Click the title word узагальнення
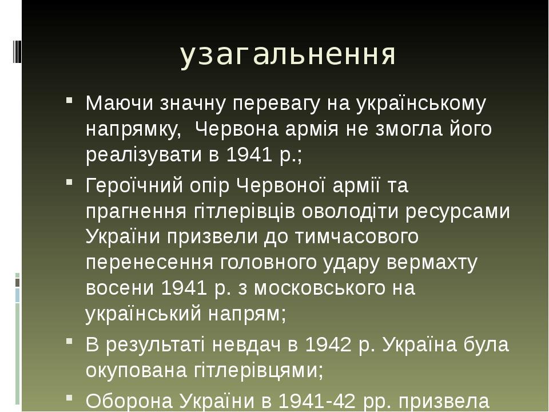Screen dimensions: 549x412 [x=288, y=55]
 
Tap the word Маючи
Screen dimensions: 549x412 [x=120, y=104]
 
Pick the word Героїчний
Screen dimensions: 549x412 [x=134, y=185]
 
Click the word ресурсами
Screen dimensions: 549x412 [x=457, y=212]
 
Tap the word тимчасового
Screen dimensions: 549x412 [x=357, y=236]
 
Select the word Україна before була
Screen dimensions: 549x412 [x=420, y=344]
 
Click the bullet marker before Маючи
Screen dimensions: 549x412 [x=69, y=100]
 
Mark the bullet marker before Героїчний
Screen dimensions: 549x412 [x=69, y=182]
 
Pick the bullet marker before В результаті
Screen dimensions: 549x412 [x=69, y=341]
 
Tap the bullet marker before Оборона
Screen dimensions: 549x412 [x=69, y=398]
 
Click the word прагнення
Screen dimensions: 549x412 [x=136, y=212]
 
